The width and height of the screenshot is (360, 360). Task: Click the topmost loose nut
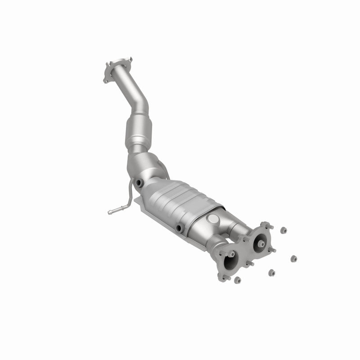(283, 230)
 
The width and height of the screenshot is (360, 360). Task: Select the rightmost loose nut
(293, 258)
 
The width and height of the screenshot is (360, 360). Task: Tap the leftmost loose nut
(238, 280)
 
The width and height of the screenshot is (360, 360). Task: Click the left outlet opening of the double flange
(230, 260)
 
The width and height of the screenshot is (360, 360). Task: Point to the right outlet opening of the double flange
(260, 243)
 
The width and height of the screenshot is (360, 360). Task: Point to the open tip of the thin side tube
(110, 210)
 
